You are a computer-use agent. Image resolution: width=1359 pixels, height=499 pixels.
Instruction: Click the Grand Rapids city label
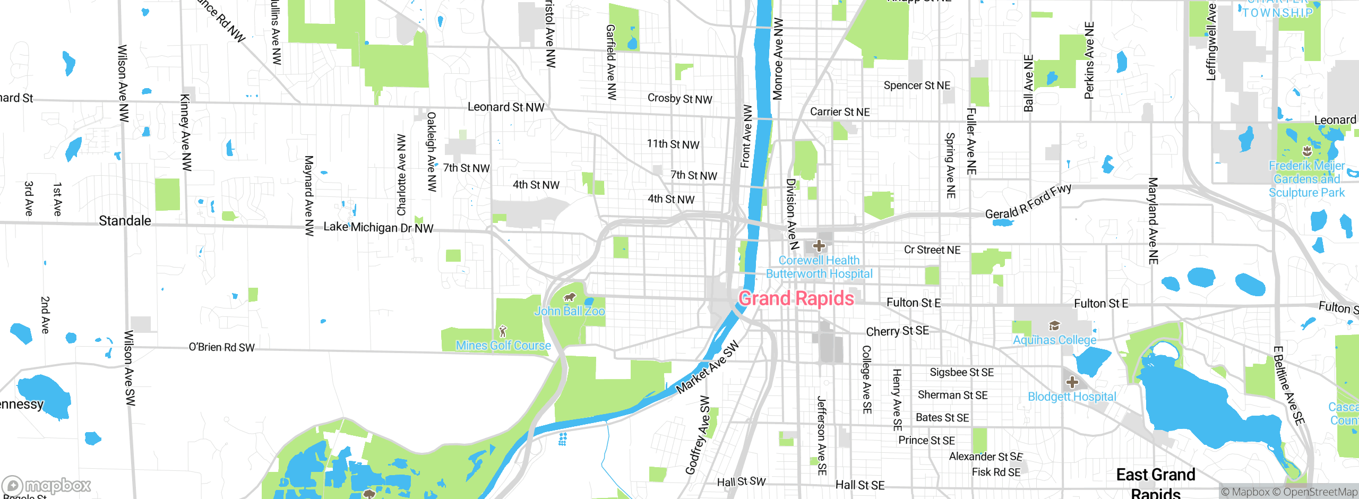[796, 299]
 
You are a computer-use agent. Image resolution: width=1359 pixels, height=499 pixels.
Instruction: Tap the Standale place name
[125, 221]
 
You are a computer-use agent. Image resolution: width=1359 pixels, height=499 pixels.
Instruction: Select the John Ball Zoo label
[569, 311]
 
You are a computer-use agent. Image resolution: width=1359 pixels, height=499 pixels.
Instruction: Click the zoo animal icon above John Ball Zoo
[570, 297]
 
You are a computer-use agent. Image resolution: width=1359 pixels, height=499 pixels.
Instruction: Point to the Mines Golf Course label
[503, 346]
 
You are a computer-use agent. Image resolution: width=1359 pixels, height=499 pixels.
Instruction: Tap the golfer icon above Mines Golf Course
[503, 332]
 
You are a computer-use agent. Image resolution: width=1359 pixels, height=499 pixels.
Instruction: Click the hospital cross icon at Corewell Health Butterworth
[819, 246]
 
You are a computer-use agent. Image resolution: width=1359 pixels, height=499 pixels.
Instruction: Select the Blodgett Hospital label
[1072, 397]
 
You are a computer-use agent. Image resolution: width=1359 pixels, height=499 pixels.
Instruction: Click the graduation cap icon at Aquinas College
[1054, 326]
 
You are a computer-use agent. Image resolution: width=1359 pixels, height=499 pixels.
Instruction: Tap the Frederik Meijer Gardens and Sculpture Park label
[1306, 179]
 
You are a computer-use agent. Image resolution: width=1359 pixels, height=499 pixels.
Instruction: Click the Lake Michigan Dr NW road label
[379, 227]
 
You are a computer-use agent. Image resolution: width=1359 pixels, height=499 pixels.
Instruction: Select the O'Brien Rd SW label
[222, 347]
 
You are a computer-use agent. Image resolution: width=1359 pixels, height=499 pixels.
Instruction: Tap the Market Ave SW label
[707, 367]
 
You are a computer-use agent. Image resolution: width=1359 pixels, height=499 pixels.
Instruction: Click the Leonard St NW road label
[506, 107]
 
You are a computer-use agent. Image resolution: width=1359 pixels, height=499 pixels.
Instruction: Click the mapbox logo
[47, 485]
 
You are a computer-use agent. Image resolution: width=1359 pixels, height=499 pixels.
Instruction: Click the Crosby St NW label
[679, 99]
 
